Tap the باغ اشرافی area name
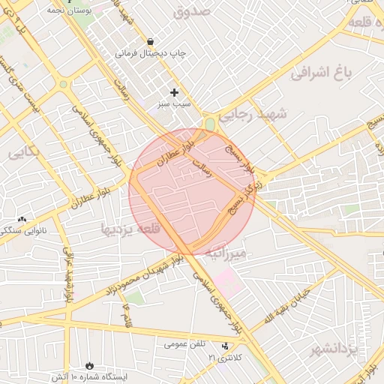[322, 73]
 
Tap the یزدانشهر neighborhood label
[335, 349]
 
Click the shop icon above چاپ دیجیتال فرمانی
[151, 41]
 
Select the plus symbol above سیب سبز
[175, 92]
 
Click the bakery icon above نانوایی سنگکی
[22, 220]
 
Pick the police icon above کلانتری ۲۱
[226, 346]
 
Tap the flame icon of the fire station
[91, 364]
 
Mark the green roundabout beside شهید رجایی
[210, 123]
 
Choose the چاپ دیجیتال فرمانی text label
[150, 54]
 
